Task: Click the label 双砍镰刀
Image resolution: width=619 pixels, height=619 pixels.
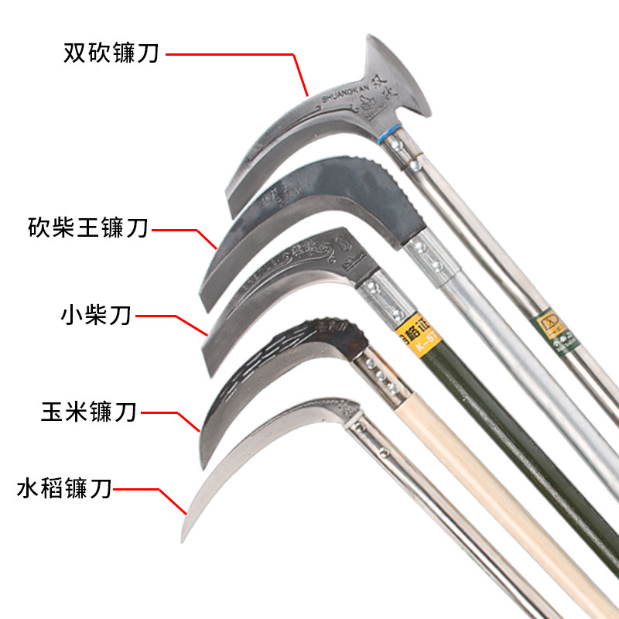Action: click(111, 54)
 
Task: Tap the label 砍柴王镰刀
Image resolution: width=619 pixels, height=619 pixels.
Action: click(86, 229)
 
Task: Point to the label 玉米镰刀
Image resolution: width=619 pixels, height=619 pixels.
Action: click(89, 411)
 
